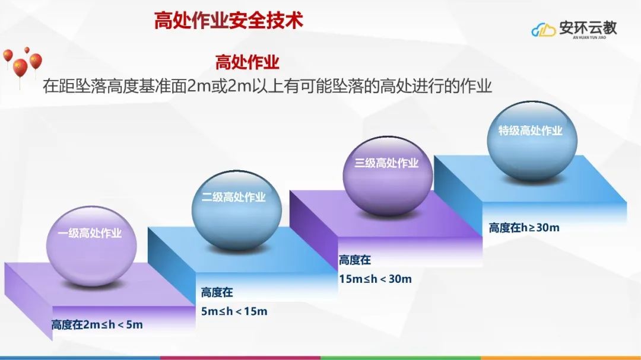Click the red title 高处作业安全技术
pos(229,20)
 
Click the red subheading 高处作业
pos(247,62)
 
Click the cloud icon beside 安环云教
pos(543,30)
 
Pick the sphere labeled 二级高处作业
pos(237,210)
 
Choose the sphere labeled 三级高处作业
pos(388,176)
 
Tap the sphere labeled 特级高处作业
pos(532,141)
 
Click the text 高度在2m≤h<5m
pos(97,325)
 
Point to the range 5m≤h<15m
pos(234,311)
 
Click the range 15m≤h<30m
pos(375,279)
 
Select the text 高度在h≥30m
pos(524,228)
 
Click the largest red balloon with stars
pos(20,68)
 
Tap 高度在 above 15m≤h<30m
pos(355,260)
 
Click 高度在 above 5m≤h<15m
pos(217,292)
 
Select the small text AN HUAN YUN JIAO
pos(589,37)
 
